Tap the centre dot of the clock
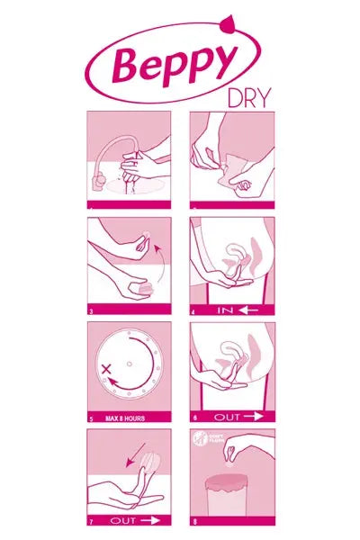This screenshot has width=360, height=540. tap(130, 364)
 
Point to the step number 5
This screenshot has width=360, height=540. tap(91, 418)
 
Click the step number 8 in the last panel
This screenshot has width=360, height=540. tap(195, 521)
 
